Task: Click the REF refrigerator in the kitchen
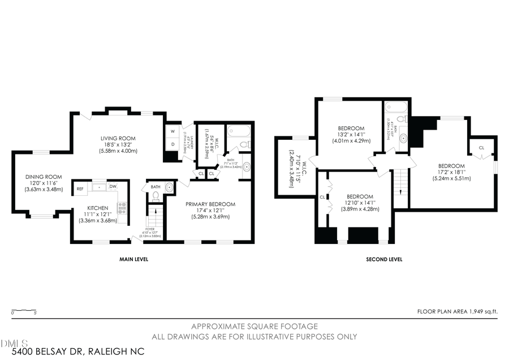[x=80, y=187]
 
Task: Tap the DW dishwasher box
[x=113, y=187]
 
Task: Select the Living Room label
[x=118, y=138]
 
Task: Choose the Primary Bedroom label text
[x=210, y=204]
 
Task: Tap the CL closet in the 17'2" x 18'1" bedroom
[x=481, y=148]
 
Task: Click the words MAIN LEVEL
[x=133, y=259]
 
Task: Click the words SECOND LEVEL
[x=384, y=259]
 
